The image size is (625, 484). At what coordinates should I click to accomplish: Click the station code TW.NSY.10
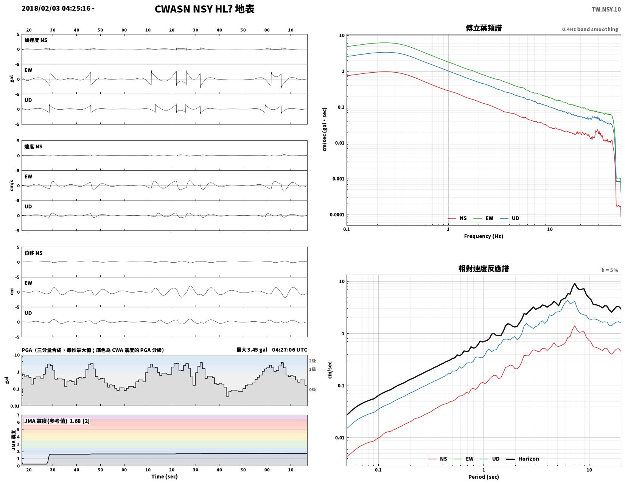tap(606, 9)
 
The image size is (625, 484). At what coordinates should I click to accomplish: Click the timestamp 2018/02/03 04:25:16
tap(56, 8)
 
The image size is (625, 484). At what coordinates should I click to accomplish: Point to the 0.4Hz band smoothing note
tap(589, 30)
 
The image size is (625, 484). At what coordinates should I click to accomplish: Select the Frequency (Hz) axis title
tap(483, 236)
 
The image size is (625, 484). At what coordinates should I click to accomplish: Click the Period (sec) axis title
tap(483, 477)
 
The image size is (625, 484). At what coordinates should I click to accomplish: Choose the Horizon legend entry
tap(522, 459)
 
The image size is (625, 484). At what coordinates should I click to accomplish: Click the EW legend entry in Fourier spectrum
tap(483, 218)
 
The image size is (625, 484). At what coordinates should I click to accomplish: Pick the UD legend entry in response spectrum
tap(490, 459)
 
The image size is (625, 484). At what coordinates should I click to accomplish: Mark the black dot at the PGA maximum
tap(281, 363)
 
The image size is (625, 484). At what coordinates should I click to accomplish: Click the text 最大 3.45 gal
tap(252, 350)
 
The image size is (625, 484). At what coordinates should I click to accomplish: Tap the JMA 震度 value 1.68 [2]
tap(79, 421)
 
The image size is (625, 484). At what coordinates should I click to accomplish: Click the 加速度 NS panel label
tap(36, 40)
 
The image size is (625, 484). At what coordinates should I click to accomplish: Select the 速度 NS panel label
tap(33, 147)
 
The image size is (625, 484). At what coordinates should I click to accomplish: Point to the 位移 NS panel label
tap(33, 253)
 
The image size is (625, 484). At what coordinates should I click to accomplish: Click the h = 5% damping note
tap(609, 270)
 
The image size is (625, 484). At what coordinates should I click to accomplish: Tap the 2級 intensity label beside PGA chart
tap(312, 361)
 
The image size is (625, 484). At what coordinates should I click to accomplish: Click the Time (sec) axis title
tap(165, 476)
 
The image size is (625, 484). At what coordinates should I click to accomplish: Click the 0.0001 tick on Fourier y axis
tap(337, 215)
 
